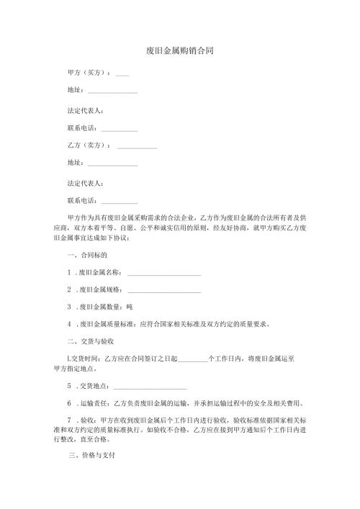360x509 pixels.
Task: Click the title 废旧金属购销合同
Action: click(179, 51)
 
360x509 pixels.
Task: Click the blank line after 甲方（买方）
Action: click(122, 75)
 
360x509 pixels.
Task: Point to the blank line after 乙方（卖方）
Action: click(136, 148)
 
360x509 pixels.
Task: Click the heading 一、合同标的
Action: click(87, 256)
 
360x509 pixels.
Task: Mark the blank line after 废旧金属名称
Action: click(163, 274)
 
